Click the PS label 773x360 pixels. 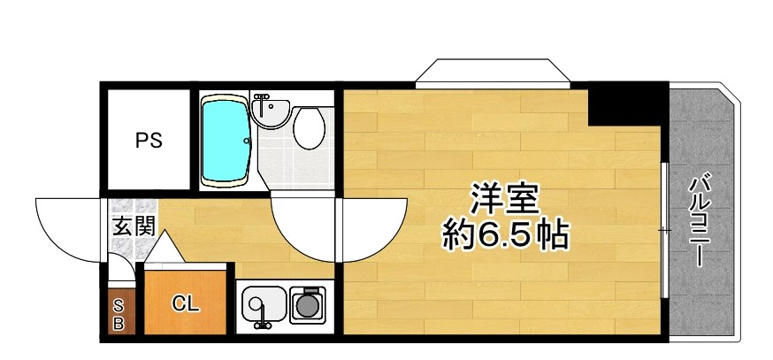[149, 140]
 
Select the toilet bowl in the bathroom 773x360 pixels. [309, 128]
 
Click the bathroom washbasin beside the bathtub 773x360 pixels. [270, 110]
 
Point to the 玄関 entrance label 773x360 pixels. [134, 226]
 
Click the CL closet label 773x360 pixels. [186, 305]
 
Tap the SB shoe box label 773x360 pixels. [118, 315]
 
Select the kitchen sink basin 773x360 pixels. [263, 306]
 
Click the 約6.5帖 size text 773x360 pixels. [505, 235]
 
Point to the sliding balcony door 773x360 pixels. [663, 230]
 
